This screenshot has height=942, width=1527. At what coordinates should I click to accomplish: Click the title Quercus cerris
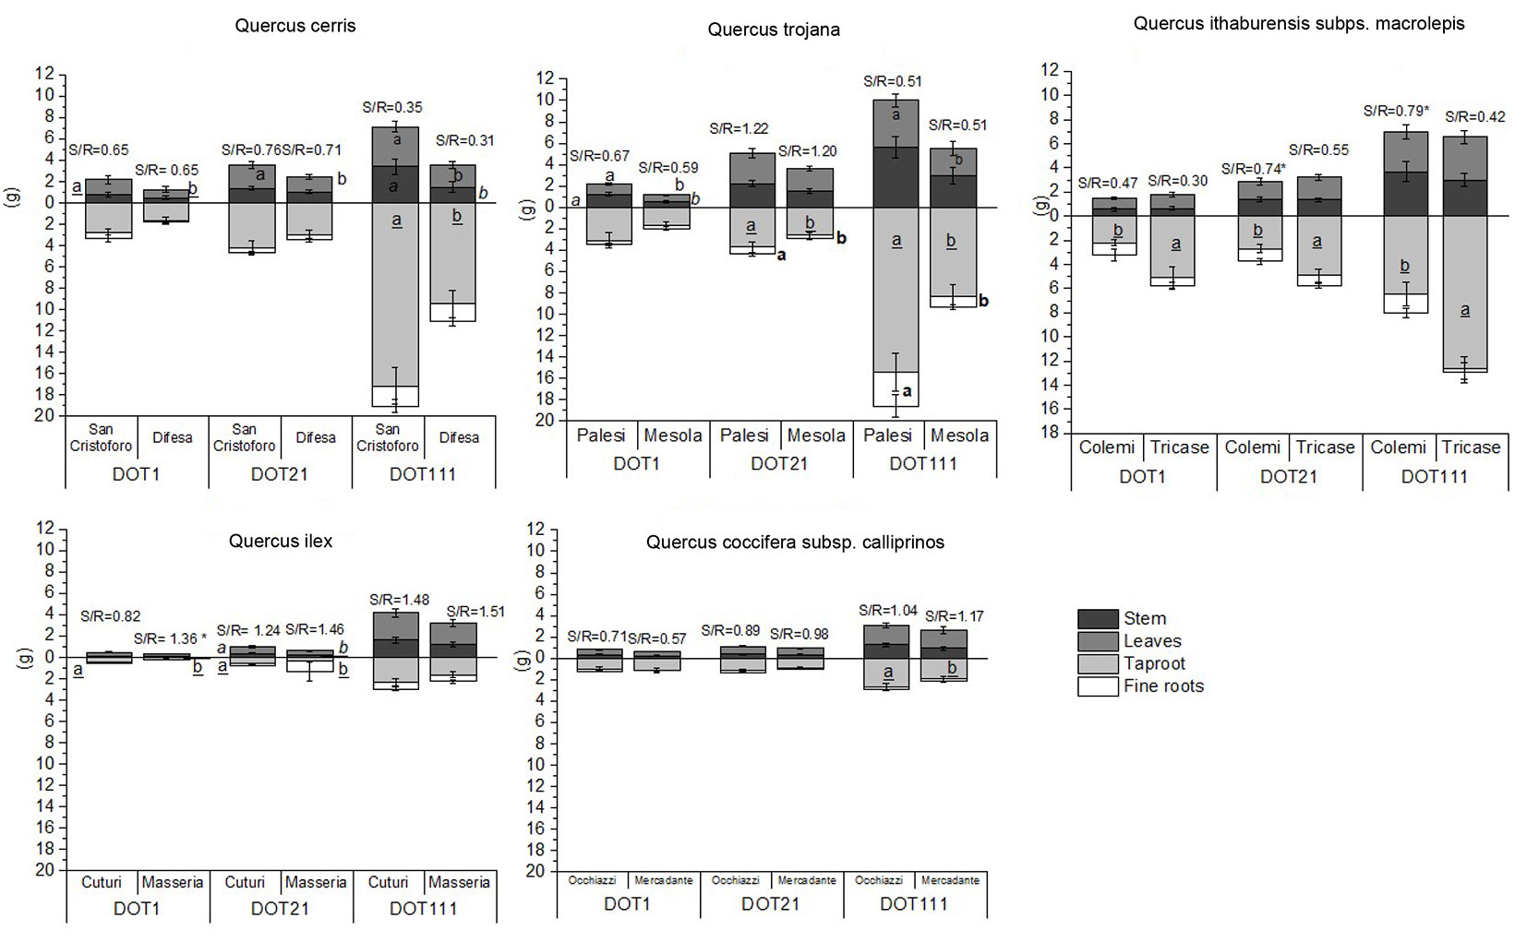pyautogui.click(x=295, y=26)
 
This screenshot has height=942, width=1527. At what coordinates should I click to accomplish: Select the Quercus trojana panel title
pyautogui.click(x=774, y=30)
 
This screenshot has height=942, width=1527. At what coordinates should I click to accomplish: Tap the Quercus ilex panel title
pyautogui.click(x=281, y=542)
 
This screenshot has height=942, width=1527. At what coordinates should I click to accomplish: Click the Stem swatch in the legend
pyautogui.click(x=1098, y=618)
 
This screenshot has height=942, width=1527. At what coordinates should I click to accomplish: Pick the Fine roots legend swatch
pyautogui.click(x=1098, y=686)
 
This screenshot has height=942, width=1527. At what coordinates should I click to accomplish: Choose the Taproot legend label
pyautogui.click(x=1154, y=663)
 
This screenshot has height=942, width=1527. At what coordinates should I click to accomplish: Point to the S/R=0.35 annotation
pyautogui.click(x=397, y=108)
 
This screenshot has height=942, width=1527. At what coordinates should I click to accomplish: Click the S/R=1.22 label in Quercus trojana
pyautogui.click(x=739, y=129)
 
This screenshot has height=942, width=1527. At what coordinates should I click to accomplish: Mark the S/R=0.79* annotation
pyautogui.click(x=1397, y=112)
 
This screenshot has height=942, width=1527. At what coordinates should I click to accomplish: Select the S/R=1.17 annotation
pyautogui.click(x=954, y=615)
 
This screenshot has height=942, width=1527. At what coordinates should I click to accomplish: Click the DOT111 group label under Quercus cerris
pyautogui.click(x=423, y=474)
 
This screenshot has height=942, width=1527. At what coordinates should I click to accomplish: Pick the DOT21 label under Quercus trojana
pyautogui.click(x=779, y=464)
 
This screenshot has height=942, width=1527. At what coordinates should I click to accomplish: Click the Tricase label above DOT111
pyautogui.click(x=1471, y=447)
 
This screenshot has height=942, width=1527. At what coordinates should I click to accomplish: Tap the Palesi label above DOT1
pyautogui.click(x=601, y=435)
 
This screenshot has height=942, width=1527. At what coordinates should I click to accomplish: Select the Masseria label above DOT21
pyautogui.click(x=316, y=883)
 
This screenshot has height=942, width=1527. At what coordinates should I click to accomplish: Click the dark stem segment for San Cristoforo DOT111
pyautogui.click(x=395, y=185)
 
